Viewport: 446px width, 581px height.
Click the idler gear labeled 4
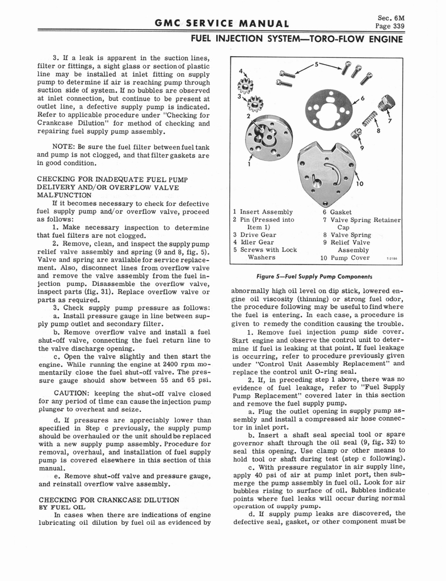[x=246, y=85]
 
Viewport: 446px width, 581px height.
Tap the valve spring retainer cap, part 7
[x=388, y=104]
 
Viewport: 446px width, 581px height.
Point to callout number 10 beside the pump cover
[x=359, y=184]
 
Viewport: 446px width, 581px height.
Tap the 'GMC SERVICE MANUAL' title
[x=221, y=23]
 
